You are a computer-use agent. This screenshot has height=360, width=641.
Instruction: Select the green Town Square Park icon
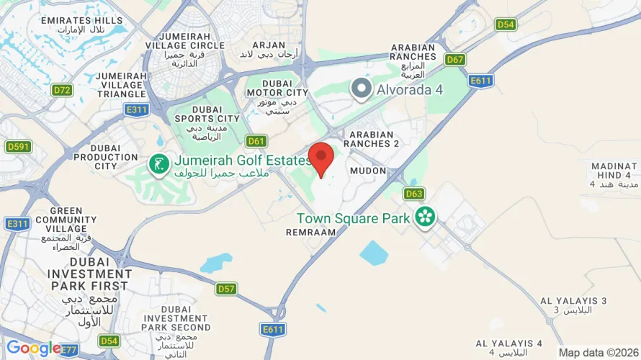click(x=425, y=216)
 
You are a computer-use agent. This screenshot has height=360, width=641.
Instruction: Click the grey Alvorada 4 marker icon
click(x=362, y=89)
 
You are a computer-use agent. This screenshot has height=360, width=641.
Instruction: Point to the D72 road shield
click(x=62, y=90)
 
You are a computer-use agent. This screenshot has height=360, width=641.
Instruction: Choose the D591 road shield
click(x=18, y=147)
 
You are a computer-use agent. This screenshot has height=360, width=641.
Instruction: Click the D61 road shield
click(x=256, y=140)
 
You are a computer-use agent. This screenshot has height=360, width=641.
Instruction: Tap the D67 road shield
click(x=454, y=60)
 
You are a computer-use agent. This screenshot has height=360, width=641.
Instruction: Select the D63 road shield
click(x=413, y=194)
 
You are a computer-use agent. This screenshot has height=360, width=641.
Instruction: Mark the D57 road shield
click(x=226, y=289)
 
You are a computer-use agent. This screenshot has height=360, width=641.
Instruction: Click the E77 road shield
click(x=69, y=350)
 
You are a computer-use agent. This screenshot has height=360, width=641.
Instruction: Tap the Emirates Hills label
click(x=82, y=20)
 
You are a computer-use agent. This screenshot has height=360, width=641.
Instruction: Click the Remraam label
click(x=311, y=233)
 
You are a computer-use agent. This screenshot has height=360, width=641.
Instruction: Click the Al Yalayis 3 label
click(x=573, y=300)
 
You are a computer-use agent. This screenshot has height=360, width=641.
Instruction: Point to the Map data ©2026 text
click(x=599, y=352)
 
